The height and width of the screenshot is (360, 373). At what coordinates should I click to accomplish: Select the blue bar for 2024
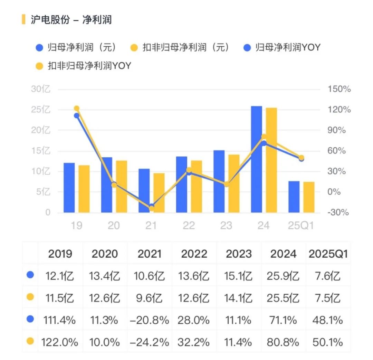pos(256,159)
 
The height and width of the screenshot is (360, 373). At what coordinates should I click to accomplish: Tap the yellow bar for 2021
pos(159,193)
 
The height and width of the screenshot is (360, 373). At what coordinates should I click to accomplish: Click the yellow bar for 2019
pos(84,189)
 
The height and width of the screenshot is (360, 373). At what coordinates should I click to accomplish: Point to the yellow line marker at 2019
pos(77,109)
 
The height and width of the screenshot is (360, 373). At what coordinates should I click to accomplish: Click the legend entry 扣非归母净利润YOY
pos(89,66)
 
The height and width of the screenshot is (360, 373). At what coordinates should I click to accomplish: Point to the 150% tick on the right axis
pos(339,89)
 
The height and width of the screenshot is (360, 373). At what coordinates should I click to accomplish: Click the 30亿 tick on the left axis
pos(41,89)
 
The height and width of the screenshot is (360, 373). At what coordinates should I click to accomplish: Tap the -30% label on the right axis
pos(338,212)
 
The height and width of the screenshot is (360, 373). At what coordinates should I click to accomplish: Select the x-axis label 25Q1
pos(301,226)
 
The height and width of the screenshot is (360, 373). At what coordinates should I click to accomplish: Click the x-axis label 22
pos(189,226)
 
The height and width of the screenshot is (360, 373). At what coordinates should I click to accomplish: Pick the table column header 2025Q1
pos(328,254)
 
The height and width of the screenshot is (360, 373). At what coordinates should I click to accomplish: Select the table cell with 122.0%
pos(60,342)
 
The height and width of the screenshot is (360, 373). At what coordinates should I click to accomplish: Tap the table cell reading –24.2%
pos(149,342)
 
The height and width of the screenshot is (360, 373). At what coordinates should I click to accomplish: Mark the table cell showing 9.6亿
pos(149,297)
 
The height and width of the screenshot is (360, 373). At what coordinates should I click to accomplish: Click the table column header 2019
pos(60,254)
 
